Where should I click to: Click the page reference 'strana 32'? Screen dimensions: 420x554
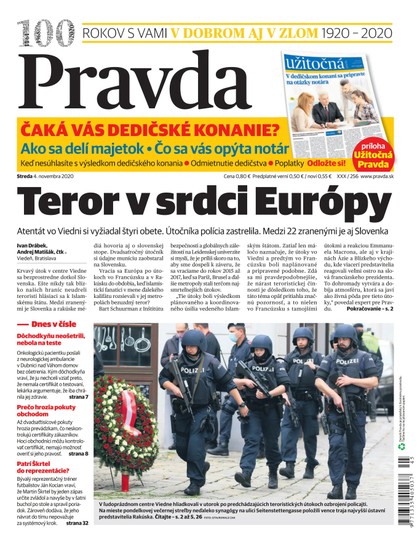(77, 523)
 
